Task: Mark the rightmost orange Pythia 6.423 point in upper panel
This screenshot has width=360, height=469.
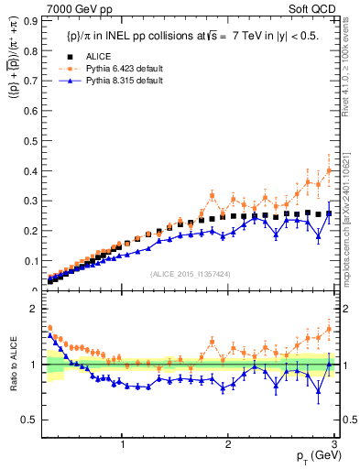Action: [x=329, y=170]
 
